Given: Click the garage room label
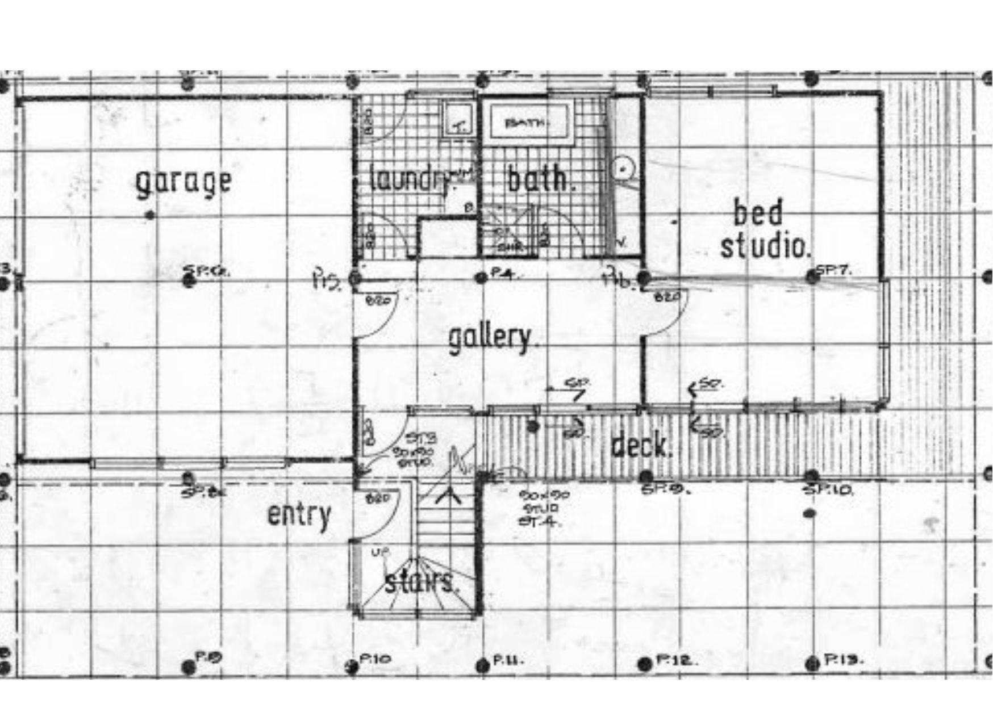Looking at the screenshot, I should (183, 183).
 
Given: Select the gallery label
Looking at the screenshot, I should (490, 338).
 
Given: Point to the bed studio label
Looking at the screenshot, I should (764, 230).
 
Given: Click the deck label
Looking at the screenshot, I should (641, 446).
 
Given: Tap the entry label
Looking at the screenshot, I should (299, 515).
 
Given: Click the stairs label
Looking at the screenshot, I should (420, 583).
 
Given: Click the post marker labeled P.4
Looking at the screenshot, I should (481, 278).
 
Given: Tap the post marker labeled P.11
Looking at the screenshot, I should (482, 664).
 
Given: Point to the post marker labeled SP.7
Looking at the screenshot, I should (811, 276).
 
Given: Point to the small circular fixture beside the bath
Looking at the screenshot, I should (623, 168).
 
